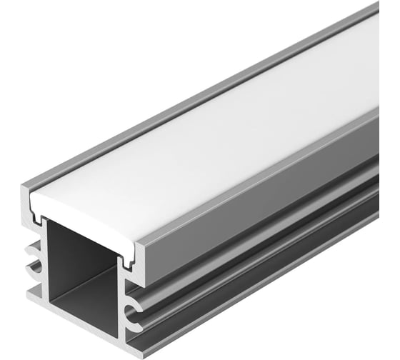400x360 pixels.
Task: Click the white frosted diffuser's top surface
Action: tap(214, 129)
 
